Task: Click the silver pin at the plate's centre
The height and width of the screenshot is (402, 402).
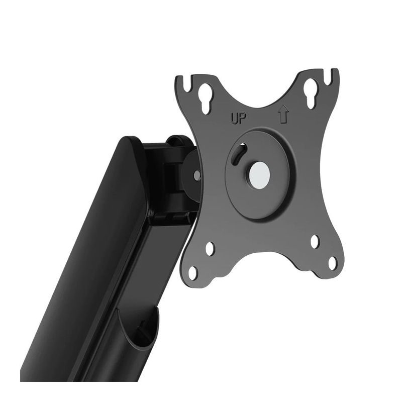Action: tap(259, 175)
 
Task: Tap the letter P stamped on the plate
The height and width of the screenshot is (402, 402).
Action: tap(242, 119)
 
